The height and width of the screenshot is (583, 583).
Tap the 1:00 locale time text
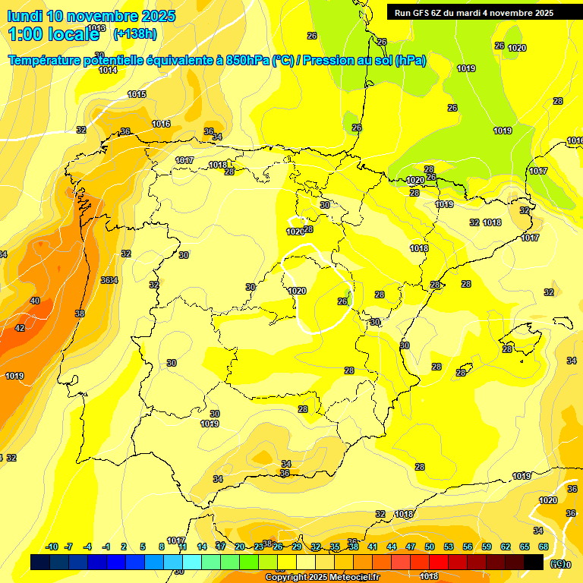[x=53, y=34]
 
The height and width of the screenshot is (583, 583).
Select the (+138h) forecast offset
[x=135, y=34]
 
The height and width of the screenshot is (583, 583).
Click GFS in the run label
[x=426, y=13]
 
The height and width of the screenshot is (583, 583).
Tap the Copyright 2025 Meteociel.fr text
[x=322, y=577]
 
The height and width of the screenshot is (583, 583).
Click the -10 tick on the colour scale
[x=52, y=547]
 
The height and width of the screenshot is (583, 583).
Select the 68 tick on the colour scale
[x=544, y=547]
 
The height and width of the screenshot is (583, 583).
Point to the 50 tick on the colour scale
[x=430, y=547]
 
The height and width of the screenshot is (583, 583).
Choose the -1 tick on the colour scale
[x=107, y=547]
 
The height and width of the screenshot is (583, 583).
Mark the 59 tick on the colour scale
[x=487, y=547]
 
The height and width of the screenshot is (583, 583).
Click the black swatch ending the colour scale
[x=534, y=562]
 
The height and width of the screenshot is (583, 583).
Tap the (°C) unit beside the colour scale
[x=559, y=564]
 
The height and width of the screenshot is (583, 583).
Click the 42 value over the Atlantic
[x=20, y=328]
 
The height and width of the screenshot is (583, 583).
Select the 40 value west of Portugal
[x=35, y=301]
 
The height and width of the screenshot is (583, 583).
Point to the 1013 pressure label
[x=96, y=28]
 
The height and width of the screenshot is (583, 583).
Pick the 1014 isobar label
[x=108, y=70]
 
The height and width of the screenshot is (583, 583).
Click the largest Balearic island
[x=520, y=338]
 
